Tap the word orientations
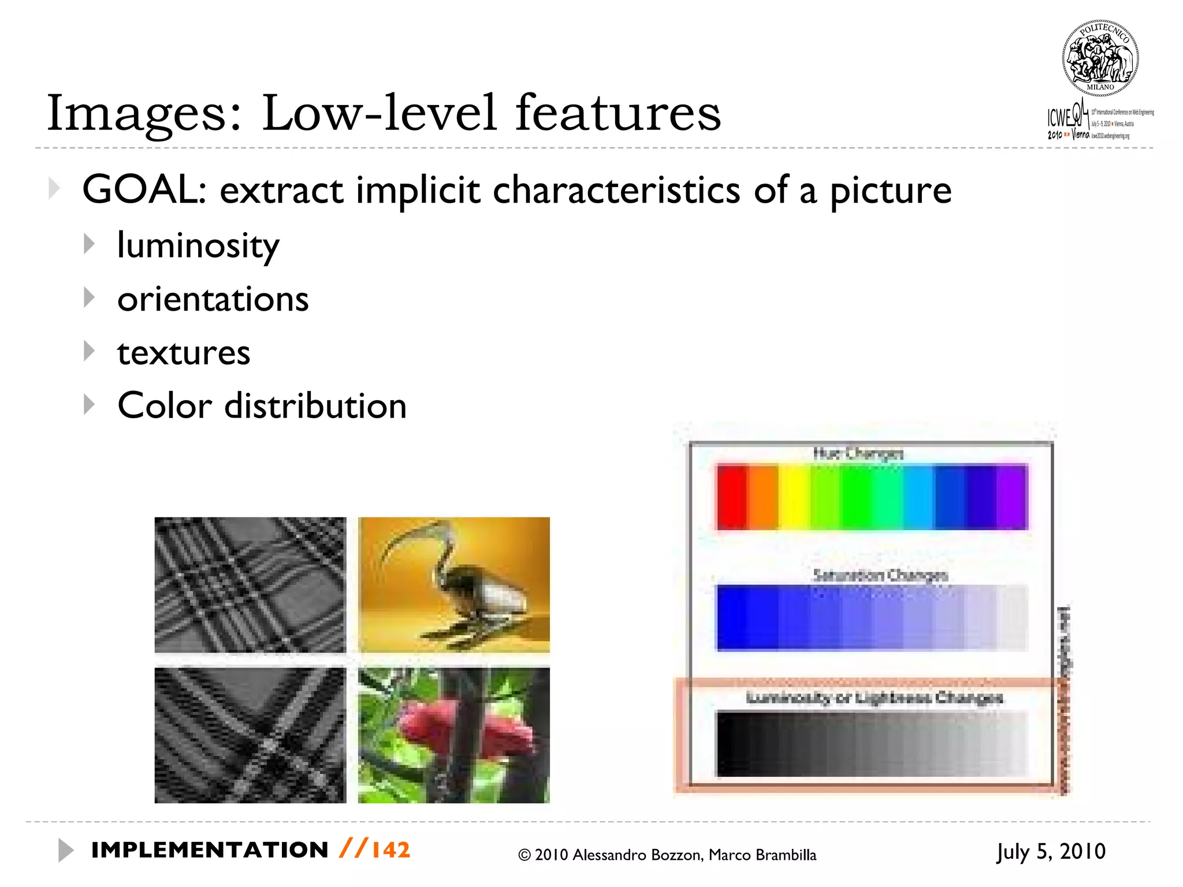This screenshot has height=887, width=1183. pyautogui.click(x=213, y=299)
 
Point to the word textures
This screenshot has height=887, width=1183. pyautogui.click(x=184, y=353)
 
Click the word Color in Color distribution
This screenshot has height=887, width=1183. pyautogui.click(x=165, y=405)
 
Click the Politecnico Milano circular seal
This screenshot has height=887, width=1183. pyautogui.click(x=1100, y=58)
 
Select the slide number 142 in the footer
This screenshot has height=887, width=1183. pyautogui.click(x=390, y=850)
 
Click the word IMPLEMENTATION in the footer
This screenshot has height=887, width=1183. pyautogui.click(x=210, y=850)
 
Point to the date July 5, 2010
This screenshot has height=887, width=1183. pyautogui.click(x=1051, y=852)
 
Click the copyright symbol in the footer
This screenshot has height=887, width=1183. pyautogui.click(x=524, y=855)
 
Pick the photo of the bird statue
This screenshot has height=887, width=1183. pyautogui.click(x=454, y=584)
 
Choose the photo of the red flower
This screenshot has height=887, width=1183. pyautogui.click(x=454, y=735)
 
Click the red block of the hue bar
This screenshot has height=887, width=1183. pyautogui.click(x=731, y=497)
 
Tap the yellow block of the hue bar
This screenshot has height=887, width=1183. pyautogui.click(x=794, y=497)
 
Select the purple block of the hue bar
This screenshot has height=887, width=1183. pyautogui.click(x=1012, y=497)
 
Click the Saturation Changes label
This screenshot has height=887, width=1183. pyautogui.click(x=880, y=575)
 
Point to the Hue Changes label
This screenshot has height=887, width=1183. pyautogui.click(x=858, y=454)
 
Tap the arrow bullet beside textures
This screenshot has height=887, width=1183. pyautogui.click(x=89, y=351)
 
